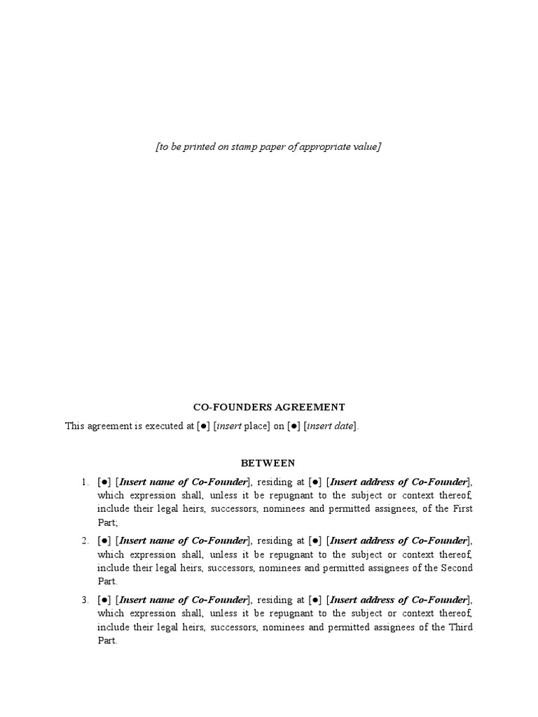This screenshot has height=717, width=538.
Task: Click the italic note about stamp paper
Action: [x=268, y=146]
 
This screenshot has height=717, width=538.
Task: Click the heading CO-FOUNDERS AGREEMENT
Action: [x=268, y=407]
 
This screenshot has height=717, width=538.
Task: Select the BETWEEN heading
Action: [x=268, y=463]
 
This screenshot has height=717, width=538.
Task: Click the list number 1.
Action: [x=83, y=482]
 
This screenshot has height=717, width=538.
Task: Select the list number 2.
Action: [x=83, y=541]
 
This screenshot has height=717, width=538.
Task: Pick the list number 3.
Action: [x=83, y=599]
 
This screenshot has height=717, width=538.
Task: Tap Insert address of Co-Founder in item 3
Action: [x=398, y=599]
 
